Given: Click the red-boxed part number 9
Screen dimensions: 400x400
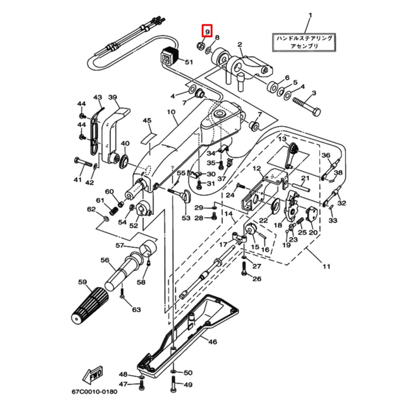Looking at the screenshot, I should coord(207,31).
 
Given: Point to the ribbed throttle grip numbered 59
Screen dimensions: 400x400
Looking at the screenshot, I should coord(90,305).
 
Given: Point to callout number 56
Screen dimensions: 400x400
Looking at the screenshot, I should coord(105,260).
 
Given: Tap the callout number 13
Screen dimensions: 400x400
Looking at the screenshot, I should coord(283,139).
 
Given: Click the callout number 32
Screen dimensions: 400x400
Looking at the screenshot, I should coord(341,203).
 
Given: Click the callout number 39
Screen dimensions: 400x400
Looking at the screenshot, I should coord(112,97).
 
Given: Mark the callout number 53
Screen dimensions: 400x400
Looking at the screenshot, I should coord(186,218).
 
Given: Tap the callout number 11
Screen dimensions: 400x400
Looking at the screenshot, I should coord(327,266).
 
